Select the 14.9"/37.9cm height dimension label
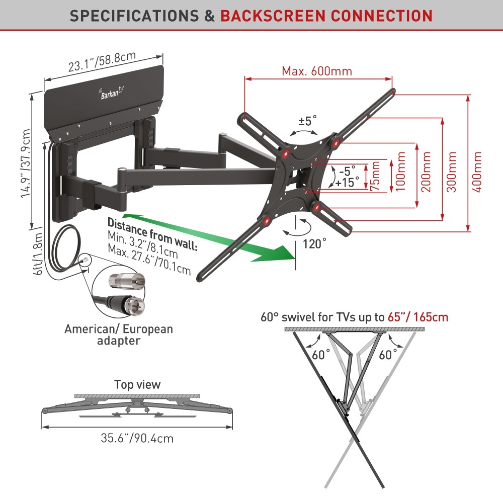coord(25,162)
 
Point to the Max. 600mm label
coord(317,71)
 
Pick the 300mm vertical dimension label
coord(451,171)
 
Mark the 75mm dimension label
coord(374,177)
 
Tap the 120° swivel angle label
coord(314,244)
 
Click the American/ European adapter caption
coord(119,334)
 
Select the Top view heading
coord(137,385)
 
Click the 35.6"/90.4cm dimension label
coord(137,438)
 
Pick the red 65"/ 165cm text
coord(417,317)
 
